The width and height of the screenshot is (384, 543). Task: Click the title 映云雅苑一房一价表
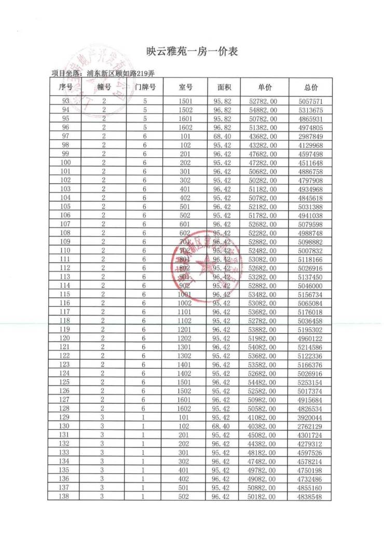192,52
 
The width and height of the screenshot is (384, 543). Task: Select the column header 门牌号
145,87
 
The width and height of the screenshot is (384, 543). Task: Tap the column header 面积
224,87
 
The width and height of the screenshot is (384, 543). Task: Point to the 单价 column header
265,87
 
